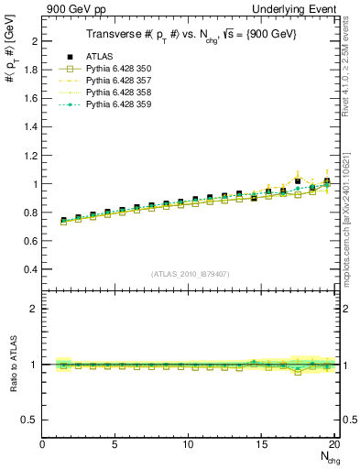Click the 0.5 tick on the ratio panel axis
pyautogui.click(x=31, y=420)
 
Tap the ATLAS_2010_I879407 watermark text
pyautogui.click(x=189, y=273)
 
